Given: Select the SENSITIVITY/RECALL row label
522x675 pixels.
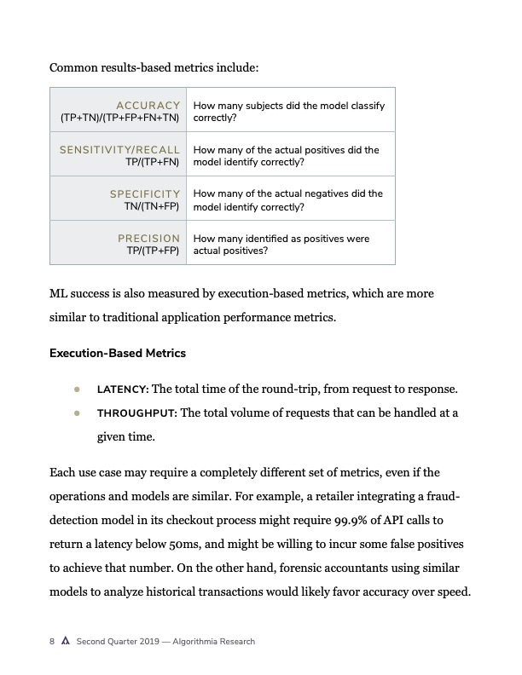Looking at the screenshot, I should click(x=119, y=149).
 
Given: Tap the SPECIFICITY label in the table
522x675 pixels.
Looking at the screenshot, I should click(x=145, y=193).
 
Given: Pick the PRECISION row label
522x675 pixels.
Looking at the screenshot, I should click(x=148, y=238).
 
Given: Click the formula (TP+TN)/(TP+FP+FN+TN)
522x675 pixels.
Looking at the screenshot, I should click(x=119, y=118).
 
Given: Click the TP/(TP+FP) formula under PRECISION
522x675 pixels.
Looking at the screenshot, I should click(x=153, y=251).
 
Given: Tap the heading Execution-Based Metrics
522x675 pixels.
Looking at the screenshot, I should click(x=118, y=353).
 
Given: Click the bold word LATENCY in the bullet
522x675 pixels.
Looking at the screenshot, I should click(x=123, y=389).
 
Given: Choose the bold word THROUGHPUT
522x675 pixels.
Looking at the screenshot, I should click(x=136, y=413).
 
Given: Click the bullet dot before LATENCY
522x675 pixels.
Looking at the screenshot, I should click(x=77, y=389).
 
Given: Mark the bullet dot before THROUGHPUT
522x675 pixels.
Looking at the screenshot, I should click(x=77, y=413).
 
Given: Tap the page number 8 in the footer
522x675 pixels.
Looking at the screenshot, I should click(x=52, y=642).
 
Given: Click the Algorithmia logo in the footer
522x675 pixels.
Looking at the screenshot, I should click(x=65, y=642).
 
